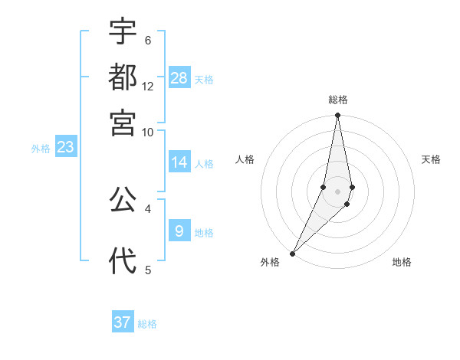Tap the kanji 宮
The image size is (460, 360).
(x=123, y=122)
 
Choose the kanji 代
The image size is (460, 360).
(x=123, y=260)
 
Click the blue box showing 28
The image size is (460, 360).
(x=179, y=78)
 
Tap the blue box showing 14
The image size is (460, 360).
(x=179, y=162)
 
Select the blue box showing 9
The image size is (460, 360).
(x=179, y=231)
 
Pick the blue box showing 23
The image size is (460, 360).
(x=65, y=147)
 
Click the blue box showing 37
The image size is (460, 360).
(x=123, y=322)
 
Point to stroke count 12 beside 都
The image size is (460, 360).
(x=148, y=87)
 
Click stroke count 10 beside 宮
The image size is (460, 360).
(x=148, y=132)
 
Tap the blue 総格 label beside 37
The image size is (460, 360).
(x=147, y=324)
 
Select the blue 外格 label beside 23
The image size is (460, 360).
(x=41, y=149)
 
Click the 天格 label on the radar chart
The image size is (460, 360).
(x=432, y=159)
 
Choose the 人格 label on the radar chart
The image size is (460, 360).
(x=245, y=159)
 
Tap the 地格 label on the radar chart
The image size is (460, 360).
(x=402, y=262)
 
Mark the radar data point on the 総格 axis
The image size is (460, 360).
(x=337, y=116)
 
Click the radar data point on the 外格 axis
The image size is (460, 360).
(x=293, y=253)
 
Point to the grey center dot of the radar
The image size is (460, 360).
(x=337, y=191)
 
